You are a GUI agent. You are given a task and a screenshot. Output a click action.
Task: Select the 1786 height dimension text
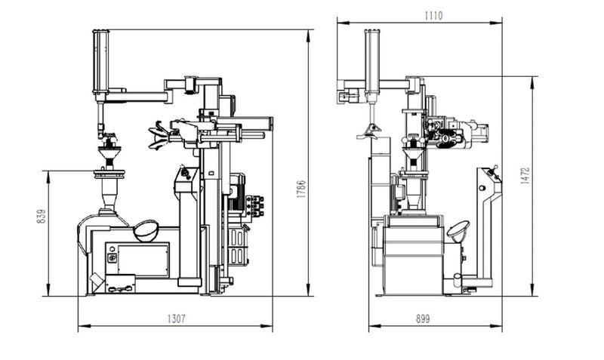[301, 189]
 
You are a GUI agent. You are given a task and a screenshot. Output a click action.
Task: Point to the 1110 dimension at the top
[433, 14]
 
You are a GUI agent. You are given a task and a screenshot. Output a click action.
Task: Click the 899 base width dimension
[423, 319]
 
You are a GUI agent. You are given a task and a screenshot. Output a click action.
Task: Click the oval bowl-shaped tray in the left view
[146, 229]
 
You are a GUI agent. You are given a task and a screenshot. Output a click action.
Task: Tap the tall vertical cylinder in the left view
[100, 60]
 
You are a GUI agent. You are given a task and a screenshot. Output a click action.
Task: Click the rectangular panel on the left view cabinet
[137, 260]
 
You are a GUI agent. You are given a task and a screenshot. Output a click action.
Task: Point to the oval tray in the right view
[458, 228]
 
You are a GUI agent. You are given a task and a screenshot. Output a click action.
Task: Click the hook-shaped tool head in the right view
[369, 130]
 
